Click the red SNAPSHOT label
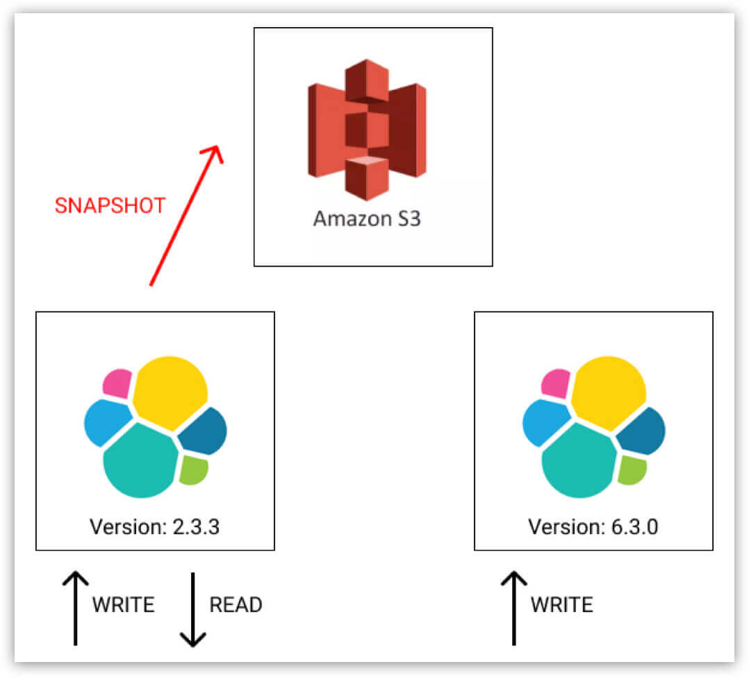click(110, 206)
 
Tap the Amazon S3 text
click(367, 218)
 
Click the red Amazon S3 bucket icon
click(367, 129)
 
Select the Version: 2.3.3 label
click(154, 526)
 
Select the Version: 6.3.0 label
click(593, 526)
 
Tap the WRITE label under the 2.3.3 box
click(123, 604)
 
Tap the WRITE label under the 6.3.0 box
click(561, 604)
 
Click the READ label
click(236, 604)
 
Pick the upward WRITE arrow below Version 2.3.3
click(75, 608)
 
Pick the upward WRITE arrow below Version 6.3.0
click(513, 608)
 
